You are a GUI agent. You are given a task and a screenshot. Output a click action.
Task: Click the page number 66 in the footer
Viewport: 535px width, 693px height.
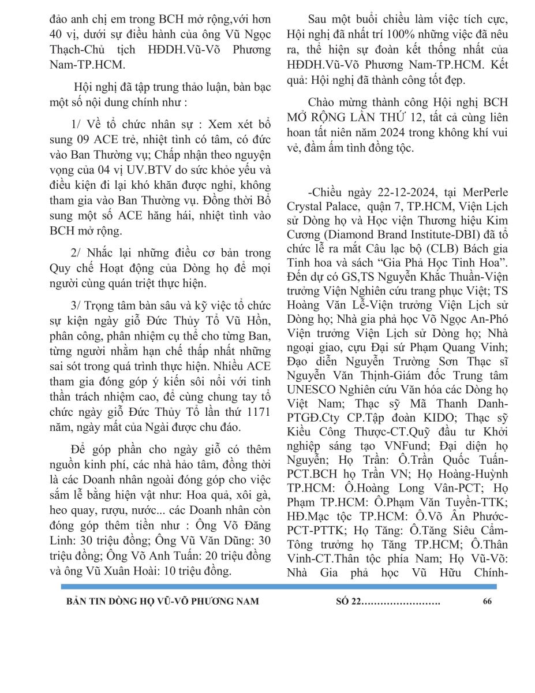pos(487,601)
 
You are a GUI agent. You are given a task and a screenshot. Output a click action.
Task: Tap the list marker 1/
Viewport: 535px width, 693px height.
pos(75,125)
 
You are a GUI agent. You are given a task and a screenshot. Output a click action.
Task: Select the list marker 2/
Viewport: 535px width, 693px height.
pos(75,252)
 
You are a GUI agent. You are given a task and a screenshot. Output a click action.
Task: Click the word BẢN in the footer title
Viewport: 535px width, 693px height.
pos(78,601)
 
